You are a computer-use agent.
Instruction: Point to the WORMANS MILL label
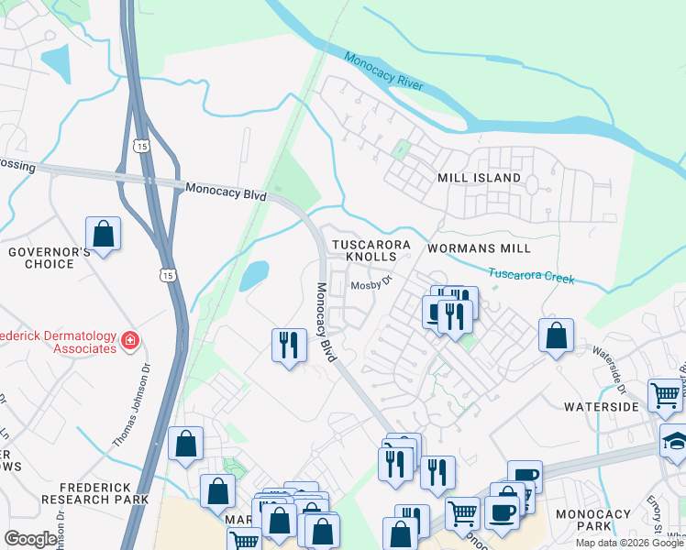[479, 248]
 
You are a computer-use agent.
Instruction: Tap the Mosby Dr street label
[371, 285]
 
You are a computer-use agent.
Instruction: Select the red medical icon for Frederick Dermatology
[130, 341]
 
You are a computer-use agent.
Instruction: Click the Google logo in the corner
[30, 539]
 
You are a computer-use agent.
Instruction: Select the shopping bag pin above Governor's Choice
[104, 234]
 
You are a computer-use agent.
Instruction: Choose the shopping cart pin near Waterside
[665, 395]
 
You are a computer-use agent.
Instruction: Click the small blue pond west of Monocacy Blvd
[254, 275]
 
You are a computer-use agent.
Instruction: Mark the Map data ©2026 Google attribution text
[629, 543]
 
